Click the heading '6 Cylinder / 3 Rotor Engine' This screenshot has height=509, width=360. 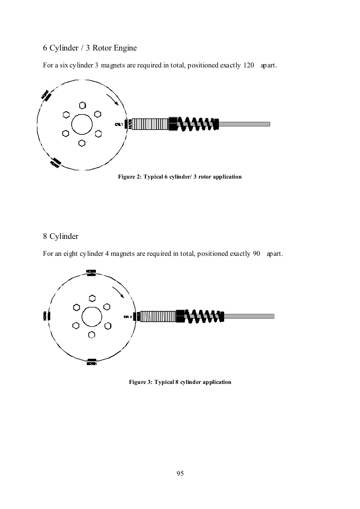tap(90, 48)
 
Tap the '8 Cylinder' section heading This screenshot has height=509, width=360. tap(61, 236)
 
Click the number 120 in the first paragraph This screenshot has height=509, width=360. tap(249, 65)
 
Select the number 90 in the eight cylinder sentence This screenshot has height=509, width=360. tap(256, 254)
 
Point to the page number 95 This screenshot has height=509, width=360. tap(180, 474)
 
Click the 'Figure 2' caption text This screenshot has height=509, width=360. tap(180, 177)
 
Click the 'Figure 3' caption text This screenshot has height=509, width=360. tap(180, 382)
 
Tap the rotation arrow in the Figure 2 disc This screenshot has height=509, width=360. tap(112, 99)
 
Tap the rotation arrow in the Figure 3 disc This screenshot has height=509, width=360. tap(118, 292)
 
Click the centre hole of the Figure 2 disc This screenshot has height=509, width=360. tap(82, 124)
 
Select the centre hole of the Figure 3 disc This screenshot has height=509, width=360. tap(92, 317)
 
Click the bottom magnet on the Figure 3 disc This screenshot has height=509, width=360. tap(92, 360)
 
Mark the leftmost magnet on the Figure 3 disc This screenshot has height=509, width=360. tap(49, 316)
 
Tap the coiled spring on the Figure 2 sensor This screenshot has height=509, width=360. tap(196, 124)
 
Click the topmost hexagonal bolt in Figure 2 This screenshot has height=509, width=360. tap(82, 105)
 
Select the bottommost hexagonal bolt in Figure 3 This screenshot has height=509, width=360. tap(92, 335)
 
